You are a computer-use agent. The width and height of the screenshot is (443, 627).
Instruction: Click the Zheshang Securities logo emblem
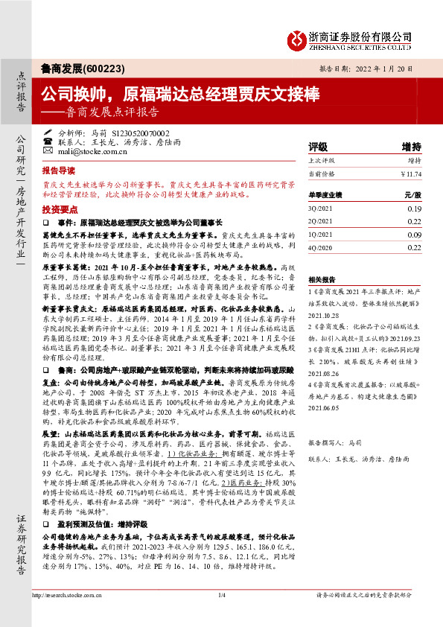pos(298,38)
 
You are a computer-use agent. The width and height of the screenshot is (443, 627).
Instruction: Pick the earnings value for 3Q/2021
pos(415,209)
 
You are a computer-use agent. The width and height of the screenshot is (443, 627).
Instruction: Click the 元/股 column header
pos(412,194)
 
